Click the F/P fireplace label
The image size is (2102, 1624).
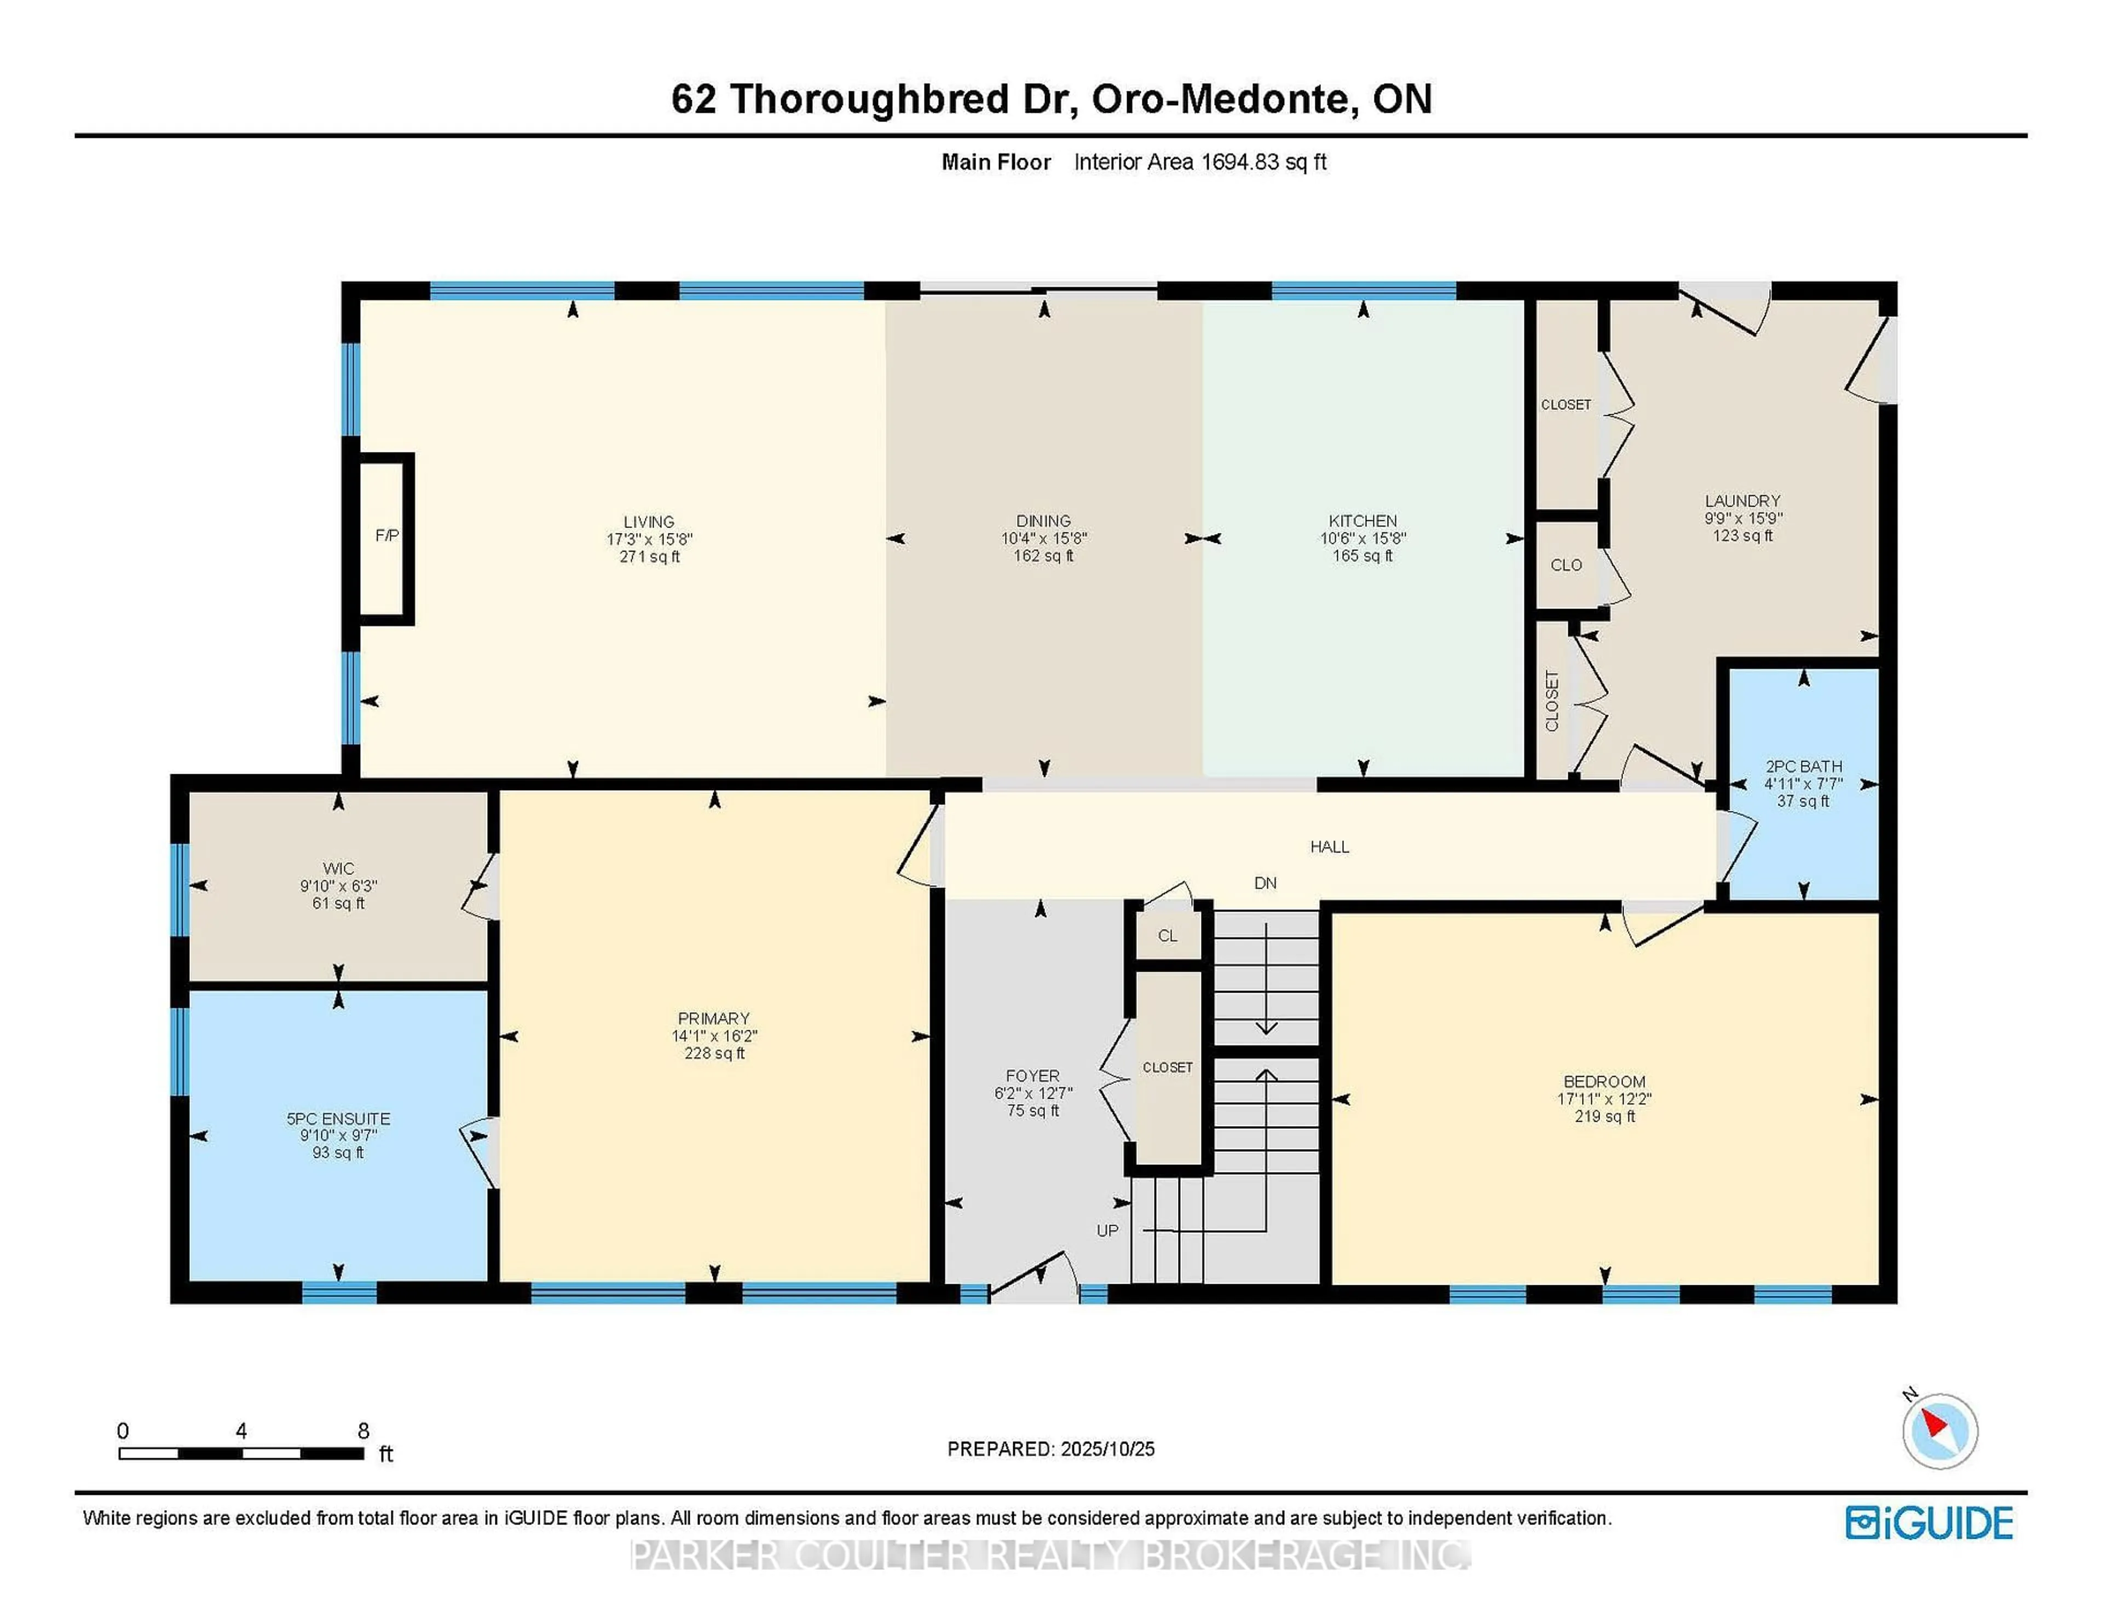click(x=387, y=536)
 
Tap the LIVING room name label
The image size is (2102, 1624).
click(x=649, y=521)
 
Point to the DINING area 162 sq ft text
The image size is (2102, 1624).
click(x=1043, y=556)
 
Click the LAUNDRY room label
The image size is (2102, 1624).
click(x=1742, y=500)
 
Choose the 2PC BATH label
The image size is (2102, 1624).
click(x=1804, y=766)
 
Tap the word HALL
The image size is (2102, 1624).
click(x=1329, y=846)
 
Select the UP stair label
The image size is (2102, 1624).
click(x=1108, y=1231)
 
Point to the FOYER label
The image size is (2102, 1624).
click(x=1033, y=1076)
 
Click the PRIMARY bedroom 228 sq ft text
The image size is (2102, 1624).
click(x=713, y=1053)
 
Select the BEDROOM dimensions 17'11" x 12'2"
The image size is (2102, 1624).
click(x=1604, y=1099)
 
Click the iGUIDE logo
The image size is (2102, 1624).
click(x=1929, y=1522)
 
